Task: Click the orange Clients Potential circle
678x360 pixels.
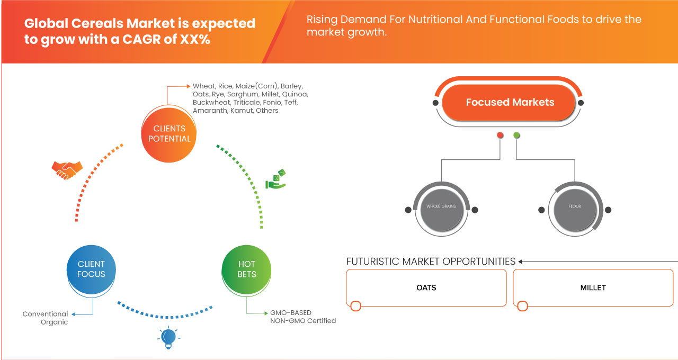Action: pyautogui.click(x=169, y=134)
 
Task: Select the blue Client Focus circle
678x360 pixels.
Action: pyautogui.click(x=91, y=269)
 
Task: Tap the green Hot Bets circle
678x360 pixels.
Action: pyautogui.click(x=246, y=269)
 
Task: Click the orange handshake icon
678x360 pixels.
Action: pyautogui.click(x=67, y=170)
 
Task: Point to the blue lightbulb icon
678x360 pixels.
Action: pyautogui.click(x=168, y=338)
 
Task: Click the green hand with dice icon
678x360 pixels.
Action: pyautogui.click(x=276, y=179)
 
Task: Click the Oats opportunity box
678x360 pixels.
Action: pyautogui.click(x=426, y=287)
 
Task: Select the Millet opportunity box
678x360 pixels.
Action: pyautogui.click(x=593, y=287)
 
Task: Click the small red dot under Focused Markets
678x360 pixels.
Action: pyautogui.click(x=500, y=135)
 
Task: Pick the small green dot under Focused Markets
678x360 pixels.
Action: pyautogui.click(x=516, y=135)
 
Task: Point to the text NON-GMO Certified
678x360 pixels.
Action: pyautogui.click(x=303, y=321)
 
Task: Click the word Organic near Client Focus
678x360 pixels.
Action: pyautogui.click(x=54, y=322)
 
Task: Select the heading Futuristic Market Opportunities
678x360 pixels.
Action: pyautogui.click(x=431, y=262)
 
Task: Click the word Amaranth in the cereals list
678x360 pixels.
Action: pyautogui.click(x=210, y=111)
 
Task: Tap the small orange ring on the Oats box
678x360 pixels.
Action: pyautogui.click(x=355, y=306)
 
